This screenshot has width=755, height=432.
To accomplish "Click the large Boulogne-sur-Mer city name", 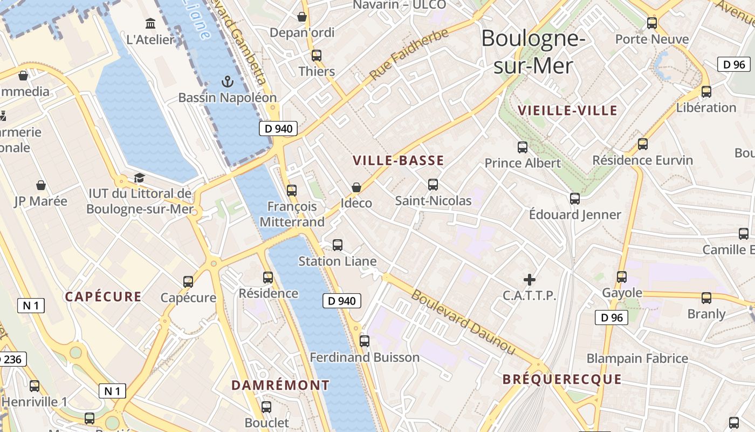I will pos(533,52).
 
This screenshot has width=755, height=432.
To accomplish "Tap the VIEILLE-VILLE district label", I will pos(567,111).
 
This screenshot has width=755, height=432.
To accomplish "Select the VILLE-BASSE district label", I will pos(399,160).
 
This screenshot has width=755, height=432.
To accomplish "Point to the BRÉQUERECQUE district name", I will pos(562,379).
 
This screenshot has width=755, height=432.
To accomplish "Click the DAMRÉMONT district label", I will pos(280,385).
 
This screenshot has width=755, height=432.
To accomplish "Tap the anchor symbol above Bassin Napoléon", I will pos(227,82).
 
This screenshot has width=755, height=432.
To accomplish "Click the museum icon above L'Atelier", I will pos(150,24).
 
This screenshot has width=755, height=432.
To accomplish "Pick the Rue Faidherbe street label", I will pos(409,54).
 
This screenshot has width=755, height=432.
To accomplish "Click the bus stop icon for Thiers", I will pos(317,56).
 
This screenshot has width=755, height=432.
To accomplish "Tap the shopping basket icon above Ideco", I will pos(356,187).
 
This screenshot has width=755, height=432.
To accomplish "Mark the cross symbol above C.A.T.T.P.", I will pos(530,280).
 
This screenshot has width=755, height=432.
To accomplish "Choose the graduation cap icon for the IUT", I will pos(139,178).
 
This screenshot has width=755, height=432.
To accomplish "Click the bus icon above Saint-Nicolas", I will pos(433,185).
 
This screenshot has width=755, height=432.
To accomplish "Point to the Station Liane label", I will pos(338,261).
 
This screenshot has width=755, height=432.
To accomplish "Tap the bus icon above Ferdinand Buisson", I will pos(365,341).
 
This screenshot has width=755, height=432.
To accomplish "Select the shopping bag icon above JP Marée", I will pos(41,186).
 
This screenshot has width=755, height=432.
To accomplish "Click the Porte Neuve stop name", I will pos(652,39).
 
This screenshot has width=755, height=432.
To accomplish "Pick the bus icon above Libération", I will pos(706,92).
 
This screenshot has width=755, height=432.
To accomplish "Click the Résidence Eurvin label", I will pos(642,160).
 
